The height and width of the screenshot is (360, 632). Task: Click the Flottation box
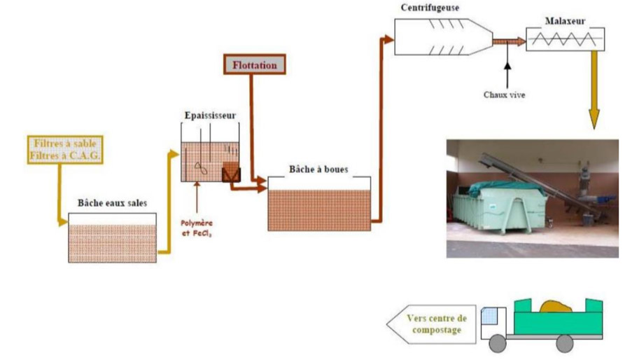tap(255, 65)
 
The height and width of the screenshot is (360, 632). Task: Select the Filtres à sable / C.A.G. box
tap(64, 148)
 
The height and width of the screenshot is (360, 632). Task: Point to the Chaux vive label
tap(504, 92)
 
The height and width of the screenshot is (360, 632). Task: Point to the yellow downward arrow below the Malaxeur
tap(595, 91)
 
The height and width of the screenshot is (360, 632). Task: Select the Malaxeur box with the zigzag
tap(566, 39)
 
